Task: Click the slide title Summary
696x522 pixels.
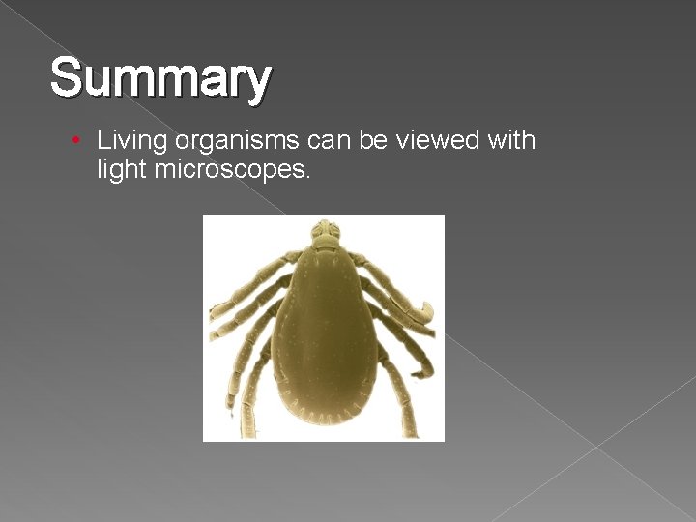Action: (x=160, y=78)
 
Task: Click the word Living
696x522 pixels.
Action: (x=132, y=141)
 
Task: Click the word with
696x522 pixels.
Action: (x=511, y=140)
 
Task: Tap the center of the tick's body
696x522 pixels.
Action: (x=324, y=329)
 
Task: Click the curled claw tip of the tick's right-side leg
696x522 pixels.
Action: (x=424, y=312)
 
